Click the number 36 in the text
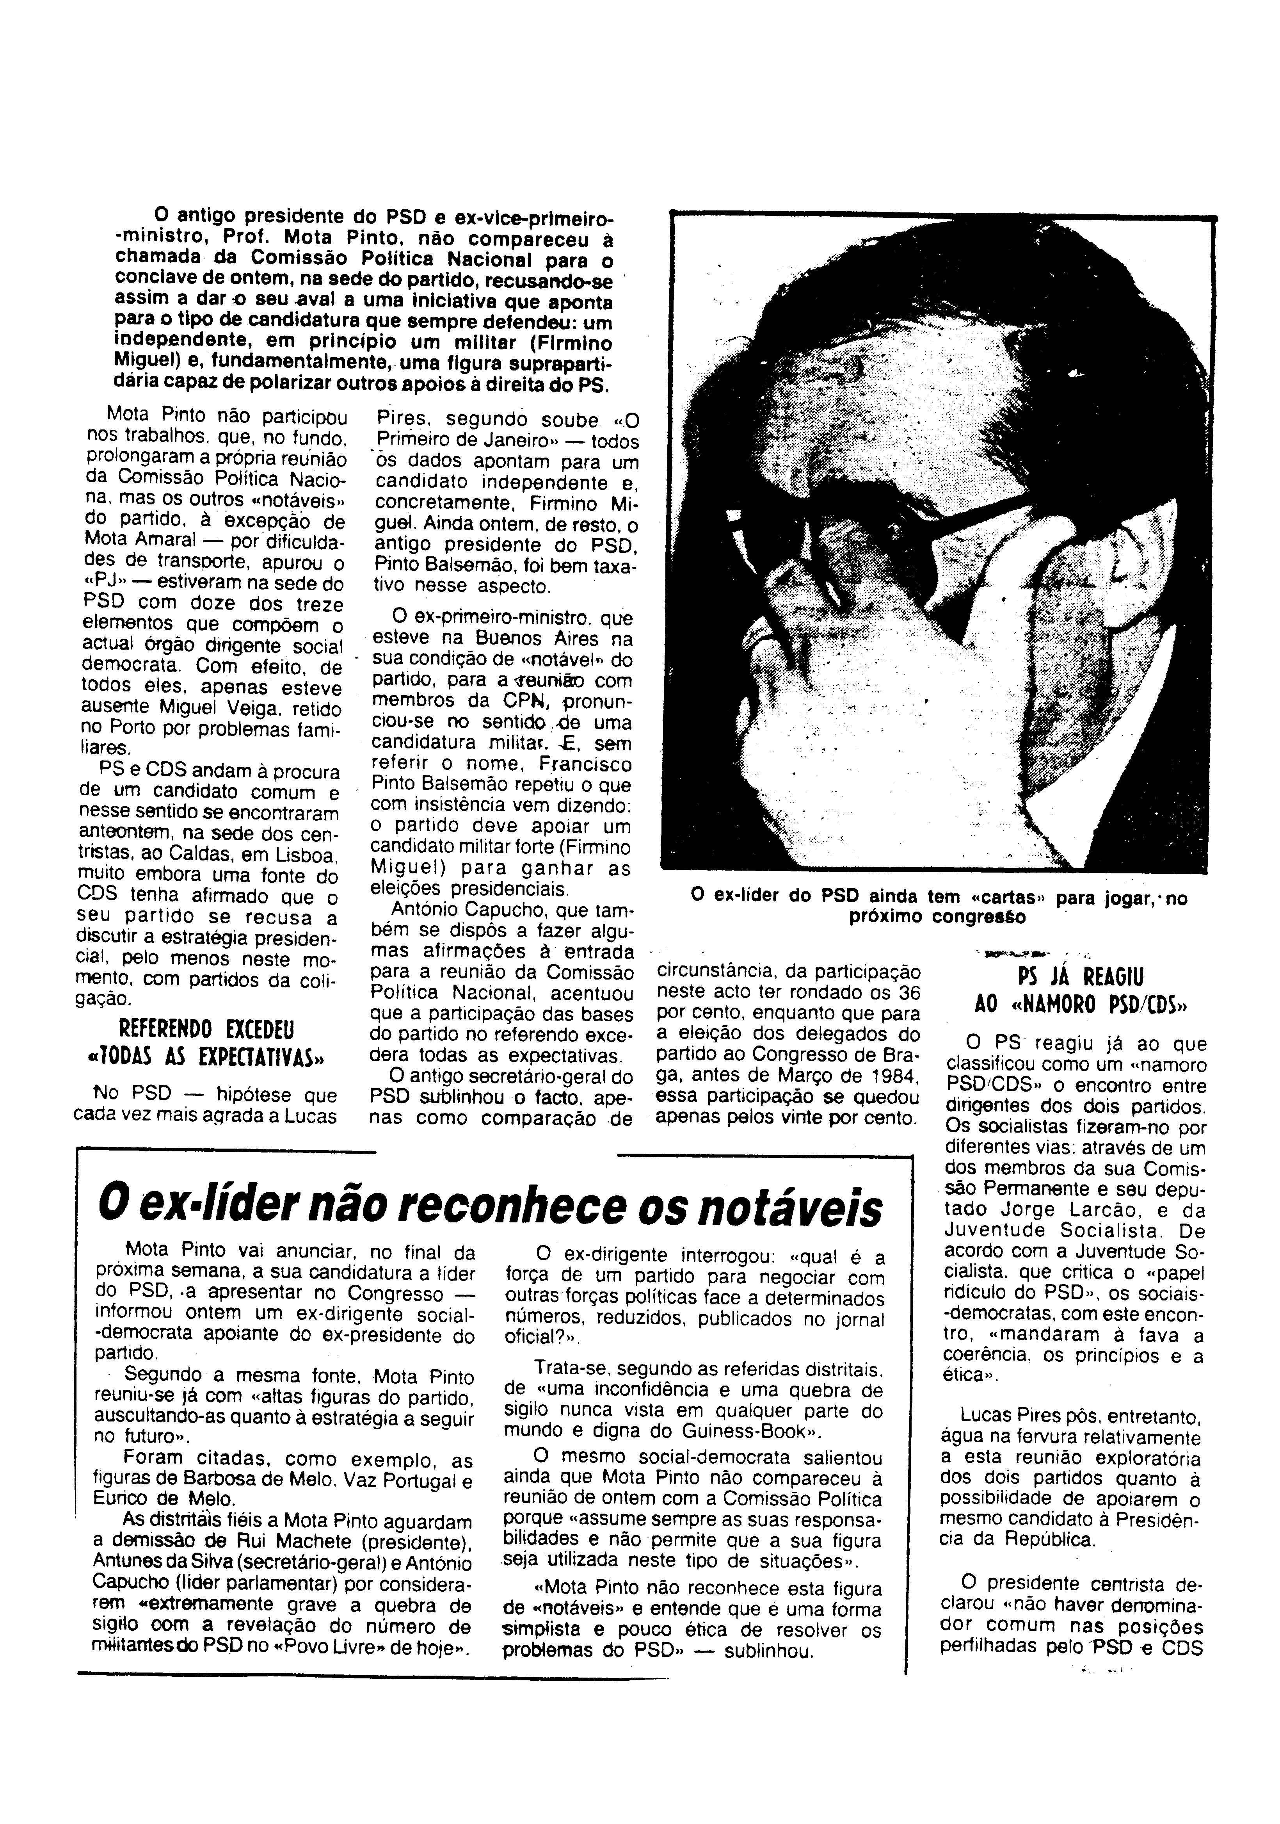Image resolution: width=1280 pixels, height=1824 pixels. click(907, 993)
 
